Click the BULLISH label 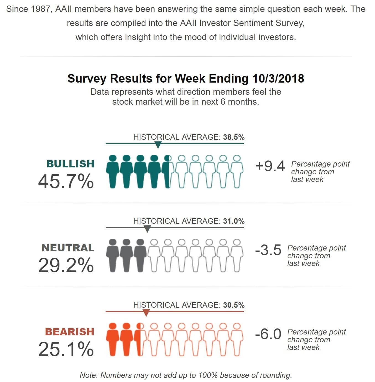coord(70,164)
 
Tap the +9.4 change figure coord(270,166)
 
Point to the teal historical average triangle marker coord(158,145)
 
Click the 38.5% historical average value coord(234,137)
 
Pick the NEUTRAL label coord(68,248)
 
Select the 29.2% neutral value coord(66,265)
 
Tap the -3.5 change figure coord(268,250)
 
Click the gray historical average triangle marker coord(148,229)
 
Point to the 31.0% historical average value coord(234,221)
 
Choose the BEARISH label coord(70,332)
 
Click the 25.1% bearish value coord(66,349)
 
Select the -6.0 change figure coord(268,334)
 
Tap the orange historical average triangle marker coord(147,313)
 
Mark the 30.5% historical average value coord(234,305)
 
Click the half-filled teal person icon coord(168,171)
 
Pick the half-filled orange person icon coord(140,339)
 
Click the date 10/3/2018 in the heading coord(278,78)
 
